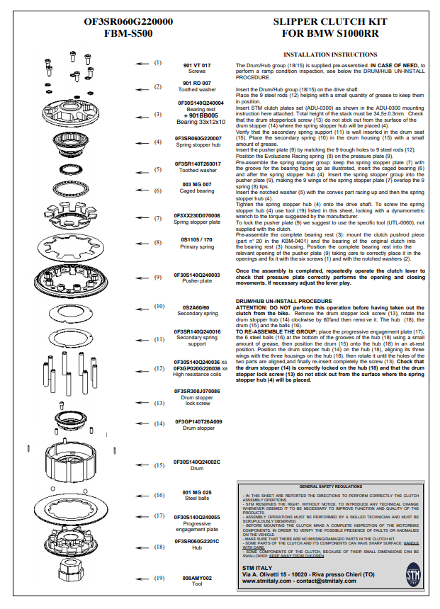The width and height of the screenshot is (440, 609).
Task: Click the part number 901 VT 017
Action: point(197,64)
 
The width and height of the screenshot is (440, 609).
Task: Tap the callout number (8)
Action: point(159,242)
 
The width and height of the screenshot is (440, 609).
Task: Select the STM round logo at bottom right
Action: point(412,573)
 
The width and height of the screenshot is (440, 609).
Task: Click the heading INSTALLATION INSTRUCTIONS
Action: point(329,55)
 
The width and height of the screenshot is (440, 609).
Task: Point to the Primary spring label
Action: point(197,248)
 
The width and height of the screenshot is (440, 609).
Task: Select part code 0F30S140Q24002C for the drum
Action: point(197,462)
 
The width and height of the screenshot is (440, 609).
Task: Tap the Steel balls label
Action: point(197,498)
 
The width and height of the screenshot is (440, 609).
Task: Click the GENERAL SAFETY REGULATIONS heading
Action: point(330,488)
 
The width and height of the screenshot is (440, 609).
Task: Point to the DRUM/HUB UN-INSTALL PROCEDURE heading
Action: point(283,301)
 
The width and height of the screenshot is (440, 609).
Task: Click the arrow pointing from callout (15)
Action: point(142,466)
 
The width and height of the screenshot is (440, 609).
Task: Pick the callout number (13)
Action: point(159,403)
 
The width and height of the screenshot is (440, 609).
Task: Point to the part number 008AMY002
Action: point(197,577)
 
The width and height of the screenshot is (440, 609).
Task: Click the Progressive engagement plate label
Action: point(197,526)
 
